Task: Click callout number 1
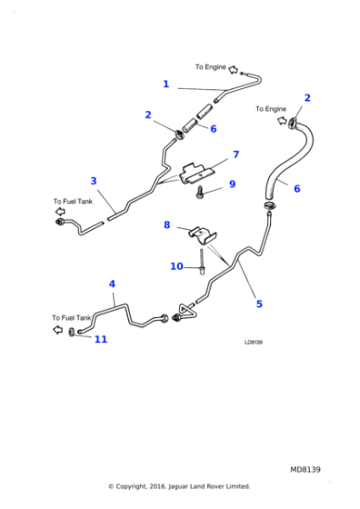click(165, 85)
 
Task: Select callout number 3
click(93, 180)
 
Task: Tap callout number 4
click(113, 284)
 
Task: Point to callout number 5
click(259, 303)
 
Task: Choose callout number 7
click(235, 155)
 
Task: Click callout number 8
click(166, 225)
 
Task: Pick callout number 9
click(232, 185)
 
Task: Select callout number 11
click(100, 339)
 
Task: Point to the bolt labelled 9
click(200, 192)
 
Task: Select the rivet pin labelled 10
click(200, 267)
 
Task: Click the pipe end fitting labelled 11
click(72, 333)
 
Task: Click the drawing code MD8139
click(305, 469)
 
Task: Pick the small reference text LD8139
click(254, 343)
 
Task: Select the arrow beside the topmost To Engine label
click(234, 68)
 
